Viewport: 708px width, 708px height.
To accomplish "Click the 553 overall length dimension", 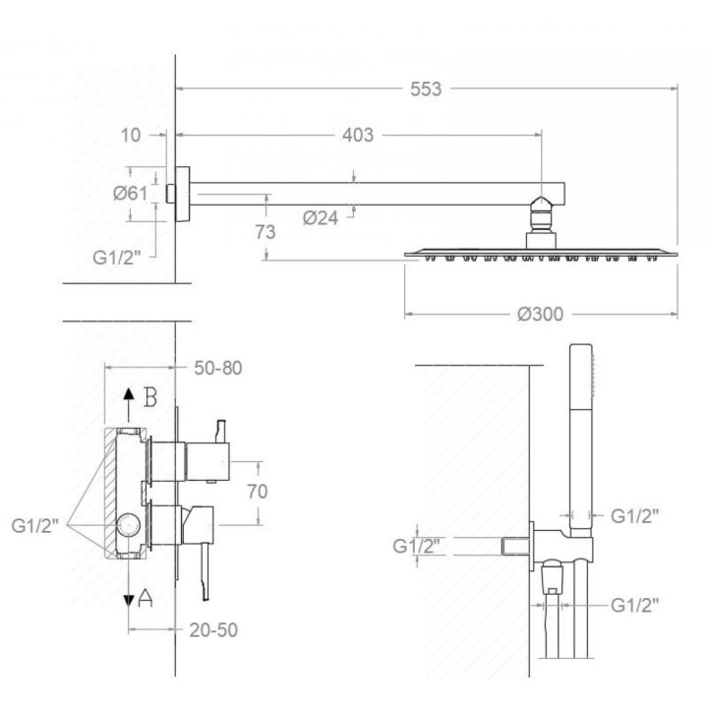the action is click(426, 88).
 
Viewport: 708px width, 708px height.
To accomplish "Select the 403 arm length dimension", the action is click(358, 135).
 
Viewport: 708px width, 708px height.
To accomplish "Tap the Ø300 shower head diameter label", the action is click(541, 315).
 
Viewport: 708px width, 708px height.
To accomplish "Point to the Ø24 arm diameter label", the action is click(321, 218).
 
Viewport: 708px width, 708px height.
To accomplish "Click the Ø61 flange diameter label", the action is click(130, 194).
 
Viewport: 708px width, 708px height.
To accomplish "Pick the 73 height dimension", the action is click(265, 232).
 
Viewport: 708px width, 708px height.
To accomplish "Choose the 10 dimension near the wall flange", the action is click(131, 135).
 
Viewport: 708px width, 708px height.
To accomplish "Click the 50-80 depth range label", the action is click(218, 368).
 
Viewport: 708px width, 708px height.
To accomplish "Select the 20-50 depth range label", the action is click(213, 630).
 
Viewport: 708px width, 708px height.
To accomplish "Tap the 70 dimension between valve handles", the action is click(258, 492).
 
